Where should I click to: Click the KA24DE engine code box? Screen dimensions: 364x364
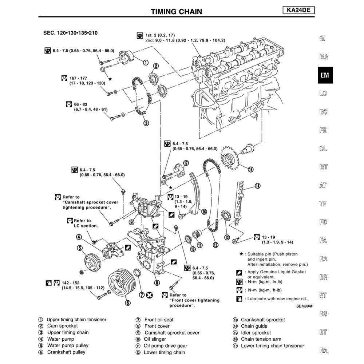point(298,11)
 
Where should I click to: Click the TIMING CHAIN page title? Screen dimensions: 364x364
point(176,12)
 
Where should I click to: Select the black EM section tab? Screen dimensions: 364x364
point(325,75)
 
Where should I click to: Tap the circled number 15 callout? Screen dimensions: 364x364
point(250,169)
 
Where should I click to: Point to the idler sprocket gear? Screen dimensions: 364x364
point(229,160)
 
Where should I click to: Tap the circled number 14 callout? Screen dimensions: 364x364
point(258,186)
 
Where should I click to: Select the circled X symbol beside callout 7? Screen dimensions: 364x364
point(149,295)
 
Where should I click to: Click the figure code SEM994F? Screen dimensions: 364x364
point(305,306)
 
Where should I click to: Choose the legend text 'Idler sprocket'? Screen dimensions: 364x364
point(256,333)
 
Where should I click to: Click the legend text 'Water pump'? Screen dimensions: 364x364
point(60,339)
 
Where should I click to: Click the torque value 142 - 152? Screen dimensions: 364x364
point(71,282)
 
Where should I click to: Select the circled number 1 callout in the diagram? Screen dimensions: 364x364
point(145,63)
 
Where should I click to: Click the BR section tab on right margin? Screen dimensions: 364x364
point(323,277)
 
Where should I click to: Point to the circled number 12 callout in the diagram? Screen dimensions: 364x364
point(215,245)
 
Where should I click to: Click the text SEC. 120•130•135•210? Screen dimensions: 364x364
point(70,33)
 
